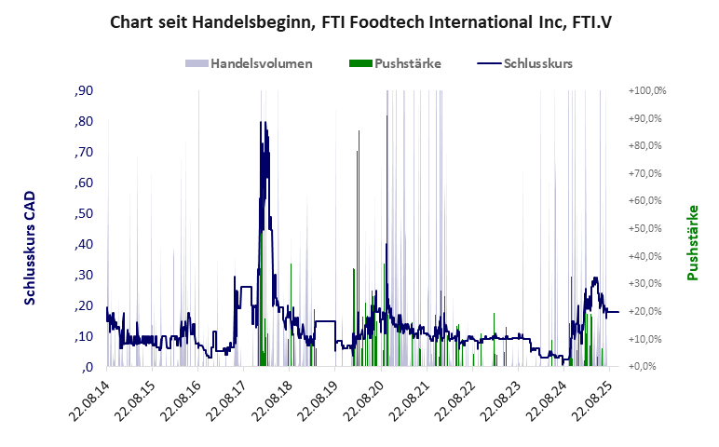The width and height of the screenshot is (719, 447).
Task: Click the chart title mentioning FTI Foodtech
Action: pos(359,20)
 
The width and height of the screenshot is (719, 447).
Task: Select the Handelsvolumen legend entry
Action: pos(249,64)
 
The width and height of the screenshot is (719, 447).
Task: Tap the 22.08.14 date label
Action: pos(89,400)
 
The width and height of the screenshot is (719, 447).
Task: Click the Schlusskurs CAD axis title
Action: pos(31,249)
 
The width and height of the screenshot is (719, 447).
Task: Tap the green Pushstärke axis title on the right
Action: pos(693,242)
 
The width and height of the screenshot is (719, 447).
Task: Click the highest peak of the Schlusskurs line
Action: pos(265,122)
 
